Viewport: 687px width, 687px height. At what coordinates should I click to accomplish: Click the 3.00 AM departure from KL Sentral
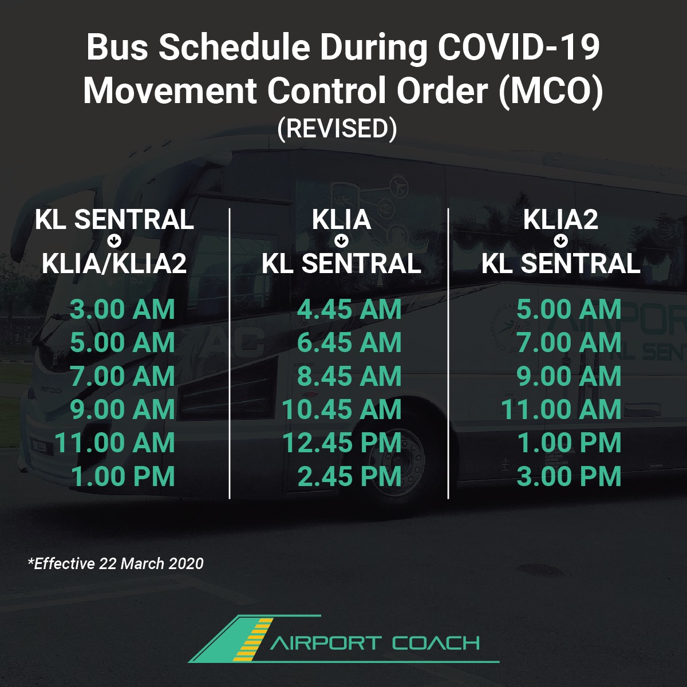[x=123, y=309]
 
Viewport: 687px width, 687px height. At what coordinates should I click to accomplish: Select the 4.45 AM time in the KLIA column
[x=349, y=309]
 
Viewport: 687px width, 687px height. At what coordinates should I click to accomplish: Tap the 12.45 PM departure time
[x=342, y=443]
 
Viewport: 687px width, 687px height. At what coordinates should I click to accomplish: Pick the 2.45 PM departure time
[x=349, y=476]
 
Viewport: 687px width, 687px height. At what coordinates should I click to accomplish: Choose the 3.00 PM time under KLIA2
[x=569, y=476]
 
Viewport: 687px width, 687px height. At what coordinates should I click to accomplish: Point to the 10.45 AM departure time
[x=342, y=409]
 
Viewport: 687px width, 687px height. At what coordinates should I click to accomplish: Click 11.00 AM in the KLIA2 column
[x=561, y=409]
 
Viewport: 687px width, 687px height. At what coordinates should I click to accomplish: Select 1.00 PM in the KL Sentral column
[x=123, y=476]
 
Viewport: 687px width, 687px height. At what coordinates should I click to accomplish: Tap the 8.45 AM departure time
[x=349, y=376]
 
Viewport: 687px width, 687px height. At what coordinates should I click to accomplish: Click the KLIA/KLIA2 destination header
[x=114, y=263]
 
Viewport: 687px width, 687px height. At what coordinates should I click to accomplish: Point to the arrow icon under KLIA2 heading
[x=561, y=242]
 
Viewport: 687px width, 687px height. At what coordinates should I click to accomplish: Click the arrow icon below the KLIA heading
[x=342, y=242]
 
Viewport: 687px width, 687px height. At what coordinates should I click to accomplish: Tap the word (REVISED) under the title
[x=337, y=129]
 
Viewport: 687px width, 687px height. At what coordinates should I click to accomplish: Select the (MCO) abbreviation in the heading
[x=551, y=91]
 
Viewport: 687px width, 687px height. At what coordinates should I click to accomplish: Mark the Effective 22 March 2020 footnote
[x=116, y=564]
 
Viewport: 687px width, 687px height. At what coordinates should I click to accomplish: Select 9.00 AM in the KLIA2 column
[x=569, y=376]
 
